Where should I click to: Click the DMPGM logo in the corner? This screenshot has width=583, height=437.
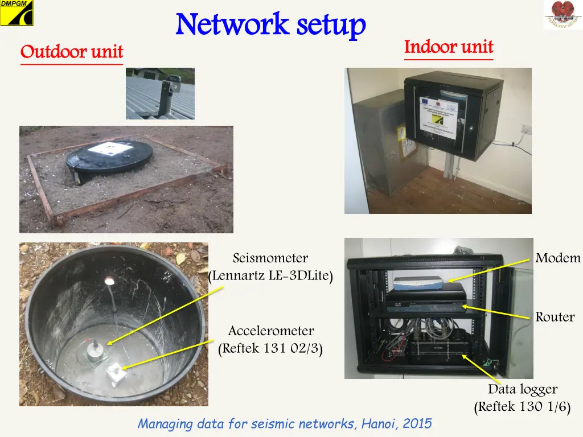(17, 13)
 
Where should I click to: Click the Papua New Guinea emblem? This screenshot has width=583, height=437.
(563, 15)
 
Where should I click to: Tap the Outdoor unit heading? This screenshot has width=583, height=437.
(72, 52)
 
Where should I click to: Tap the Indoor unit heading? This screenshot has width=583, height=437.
(449, 47)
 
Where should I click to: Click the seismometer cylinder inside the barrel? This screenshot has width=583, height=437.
(95, 348)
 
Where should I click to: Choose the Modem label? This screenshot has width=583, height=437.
(558, 258)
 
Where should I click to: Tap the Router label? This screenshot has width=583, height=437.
(555, 317)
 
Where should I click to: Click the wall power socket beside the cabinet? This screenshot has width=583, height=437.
(525, 130)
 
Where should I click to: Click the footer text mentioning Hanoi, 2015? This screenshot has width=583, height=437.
(285, 423)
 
